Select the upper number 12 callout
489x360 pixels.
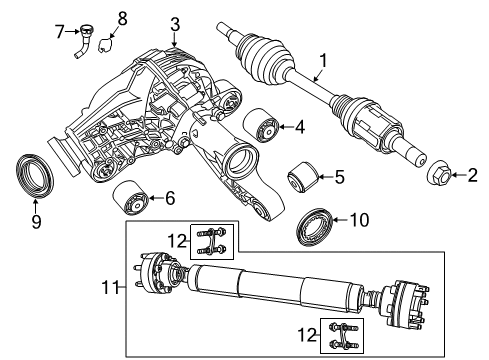pos(176,241)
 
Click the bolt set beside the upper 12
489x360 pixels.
pos(209,241)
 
